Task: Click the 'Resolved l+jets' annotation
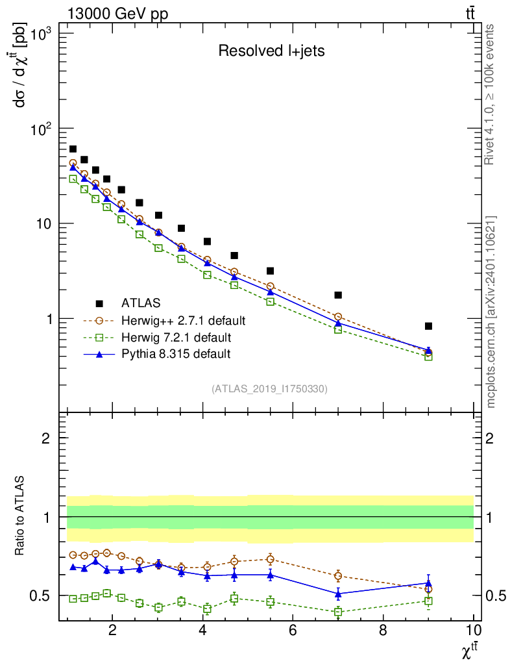tap(271, 51)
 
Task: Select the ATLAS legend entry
tap(141, 303)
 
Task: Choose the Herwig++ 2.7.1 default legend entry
tap(183, 320)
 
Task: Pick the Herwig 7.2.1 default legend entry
tap(176, 337)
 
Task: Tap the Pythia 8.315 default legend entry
tap(176, 354)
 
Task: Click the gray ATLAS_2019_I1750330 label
tap(269, 389)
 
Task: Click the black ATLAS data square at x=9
tap(428, 326)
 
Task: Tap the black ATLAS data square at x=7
tap(338, 295)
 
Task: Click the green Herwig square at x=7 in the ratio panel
tap(338, 612)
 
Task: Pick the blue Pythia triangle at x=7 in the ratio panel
tap(338, 593)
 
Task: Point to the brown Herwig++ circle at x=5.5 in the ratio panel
tap(270, 559)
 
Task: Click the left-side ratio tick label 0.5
tap(45, 596)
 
